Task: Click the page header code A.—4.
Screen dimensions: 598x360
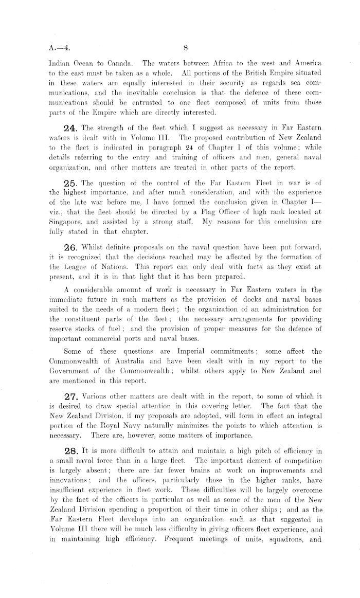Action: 53,48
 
